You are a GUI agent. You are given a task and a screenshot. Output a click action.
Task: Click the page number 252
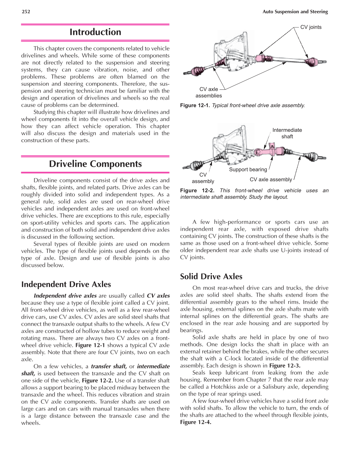coord(26,12)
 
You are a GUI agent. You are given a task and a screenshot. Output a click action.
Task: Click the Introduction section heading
coord(95,32)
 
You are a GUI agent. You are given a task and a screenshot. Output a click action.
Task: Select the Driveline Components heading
coord(95,164)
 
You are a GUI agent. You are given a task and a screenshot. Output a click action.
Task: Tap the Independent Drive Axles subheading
coord(66,284)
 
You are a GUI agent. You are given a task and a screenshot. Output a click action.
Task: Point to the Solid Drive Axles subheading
coord(211,276)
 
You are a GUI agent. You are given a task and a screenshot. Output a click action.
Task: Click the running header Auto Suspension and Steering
coord(295,12)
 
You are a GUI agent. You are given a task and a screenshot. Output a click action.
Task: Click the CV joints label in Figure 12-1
coord(311,27)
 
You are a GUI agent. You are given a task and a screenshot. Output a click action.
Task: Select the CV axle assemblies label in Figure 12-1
coord(209,93)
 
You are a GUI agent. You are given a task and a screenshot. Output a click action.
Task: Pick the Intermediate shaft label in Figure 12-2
coord(287,133)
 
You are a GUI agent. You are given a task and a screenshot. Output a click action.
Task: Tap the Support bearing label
coord(248,170)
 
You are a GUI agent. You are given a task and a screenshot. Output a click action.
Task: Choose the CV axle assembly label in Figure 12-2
coord(271,180)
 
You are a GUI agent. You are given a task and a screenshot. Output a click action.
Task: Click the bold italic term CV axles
coord(158,295)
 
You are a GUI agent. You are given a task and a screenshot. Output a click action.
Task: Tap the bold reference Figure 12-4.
coord(196,422)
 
